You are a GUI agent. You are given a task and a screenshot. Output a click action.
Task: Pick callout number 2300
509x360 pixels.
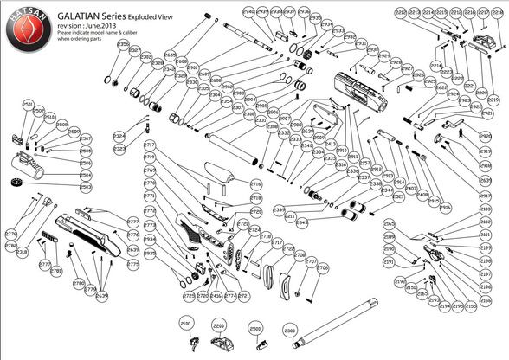[x=290, y=330]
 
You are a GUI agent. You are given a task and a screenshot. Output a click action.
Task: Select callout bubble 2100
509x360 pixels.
[x=185, y=323]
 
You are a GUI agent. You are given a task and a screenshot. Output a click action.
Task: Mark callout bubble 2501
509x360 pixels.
[x=27, y=103]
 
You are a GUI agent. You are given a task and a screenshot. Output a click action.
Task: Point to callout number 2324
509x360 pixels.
[x=119, y=137]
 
